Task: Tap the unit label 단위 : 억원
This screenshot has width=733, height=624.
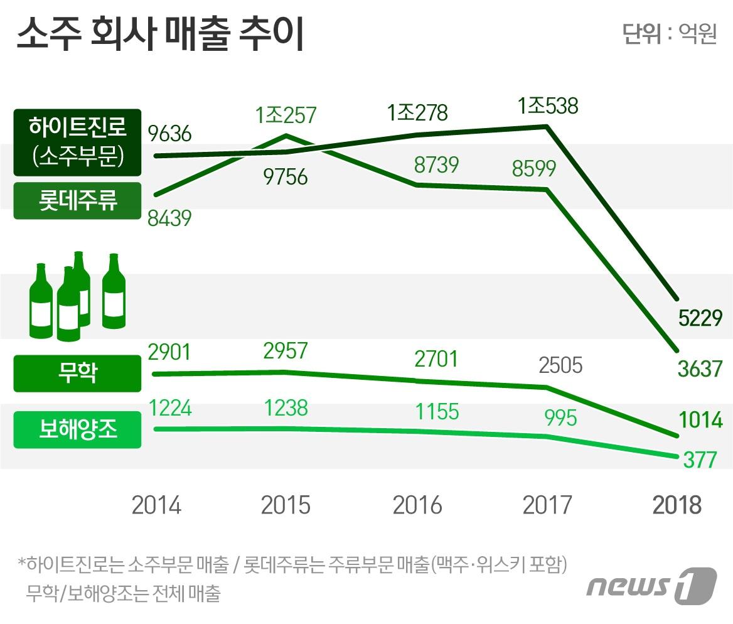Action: (x=669, y=34)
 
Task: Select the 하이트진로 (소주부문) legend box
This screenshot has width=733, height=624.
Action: (x=77, y=143)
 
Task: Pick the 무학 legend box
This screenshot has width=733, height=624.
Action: (x=77, y=374)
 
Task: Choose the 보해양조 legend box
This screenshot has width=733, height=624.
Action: (x=77, y=430)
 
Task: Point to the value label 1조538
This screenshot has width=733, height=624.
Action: (x=547, y=106)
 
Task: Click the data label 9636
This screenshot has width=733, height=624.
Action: (x=169, y=133)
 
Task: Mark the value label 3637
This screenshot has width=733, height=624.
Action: (x=700, y=368)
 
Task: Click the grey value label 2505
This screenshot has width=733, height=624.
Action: (x=560, y=365)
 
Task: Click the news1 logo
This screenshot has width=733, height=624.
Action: (x=651, y=585)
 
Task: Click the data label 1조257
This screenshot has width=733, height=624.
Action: (x=286, y=116)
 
